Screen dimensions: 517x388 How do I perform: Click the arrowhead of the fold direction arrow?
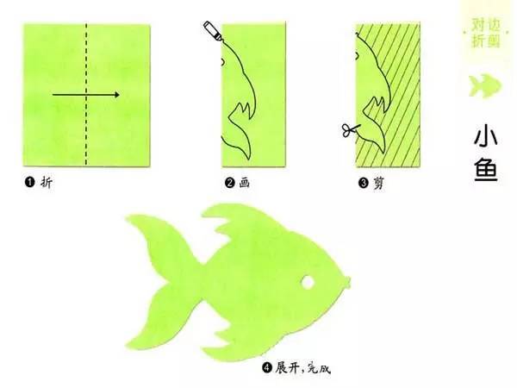(x=116, y=95)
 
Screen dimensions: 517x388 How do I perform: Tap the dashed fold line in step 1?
(x=86, y=94)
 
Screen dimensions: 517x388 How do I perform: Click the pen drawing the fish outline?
(x=212, y=31)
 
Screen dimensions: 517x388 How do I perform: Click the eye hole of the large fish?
(x=308, y=282)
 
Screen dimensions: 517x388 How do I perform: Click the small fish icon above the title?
(x=485, y=85)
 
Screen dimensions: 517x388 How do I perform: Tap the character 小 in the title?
(x=486, y=135)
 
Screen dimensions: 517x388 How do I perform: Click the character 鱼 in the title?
(x=486, y=170)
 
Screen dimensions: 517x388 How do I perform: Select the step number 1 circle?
(x=29, y=182)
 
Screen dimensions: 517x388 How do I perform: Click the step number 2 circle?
(x=229, y=182)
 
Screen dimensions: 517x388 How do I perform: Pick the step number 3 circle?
(x=363, y=183)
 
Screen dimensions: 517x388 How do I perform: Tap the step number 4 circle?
(x=267, y=367)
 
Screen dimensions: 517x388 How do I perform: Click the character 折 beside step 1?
(x=47, y=182)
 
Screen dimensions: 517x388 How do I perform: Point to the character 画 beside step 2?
(x=245, y=182)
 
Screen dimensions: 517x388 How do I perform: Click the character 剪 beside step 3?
(x=378, y=183)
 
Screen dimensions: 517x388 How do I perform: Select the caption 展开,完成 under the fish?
(x=303, y=367)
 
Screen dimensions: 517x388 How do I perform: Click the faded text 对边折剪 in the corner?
(x=486, y=33)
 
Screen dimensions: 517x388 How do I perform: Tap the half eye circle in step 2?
(x=223, y=61)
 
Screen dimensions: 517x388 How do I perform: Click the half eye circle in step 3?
(x=357, y=56)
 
